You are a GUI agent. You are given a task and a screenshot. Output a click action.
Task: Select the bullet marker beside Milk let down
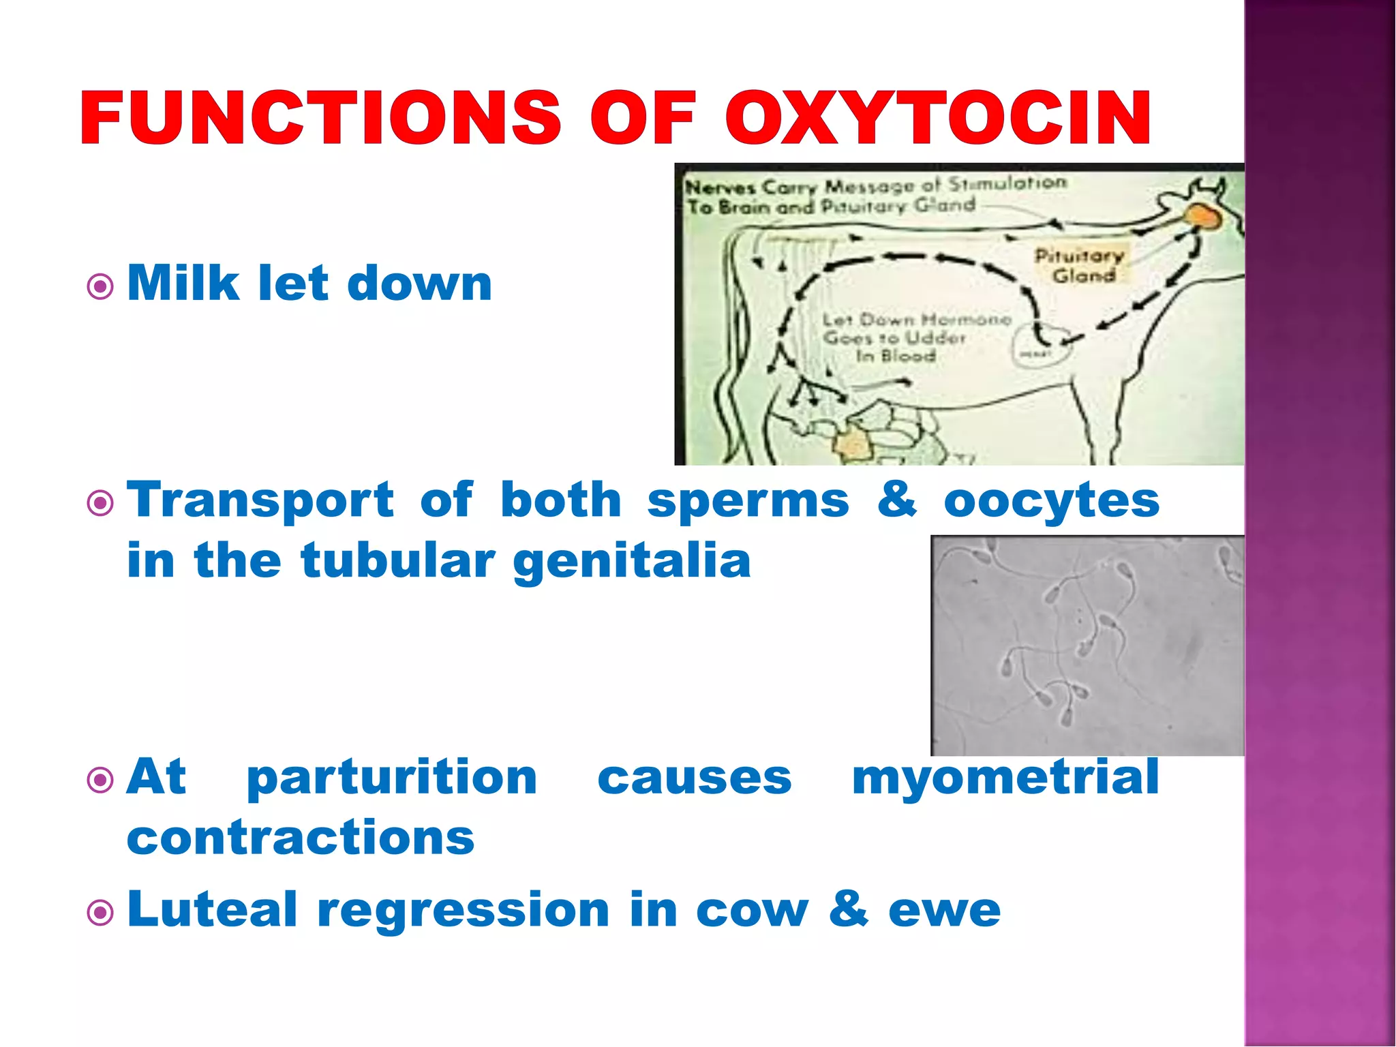pos(101,286)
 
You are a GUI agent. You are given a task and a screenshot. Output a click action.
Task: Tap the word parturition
pos(392,779)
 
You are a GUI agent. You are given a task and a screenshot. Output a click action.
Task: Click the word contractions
pos(301,838)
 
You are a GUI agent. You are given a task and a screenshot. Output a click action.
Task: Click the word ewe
pos(944,911)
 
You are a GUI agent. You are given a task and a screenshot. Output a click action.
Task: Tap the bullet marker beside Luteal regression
pos(101,913)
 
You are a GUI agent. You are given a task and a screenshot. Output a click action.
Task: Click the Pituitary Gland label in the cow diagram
pos(1080,265)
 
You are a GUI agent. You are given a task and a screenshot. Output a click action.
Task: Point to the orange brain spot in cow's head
pos(1203,217)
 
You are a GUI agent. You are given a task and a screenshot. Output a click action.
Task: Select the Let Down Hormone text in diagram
pos(915,337)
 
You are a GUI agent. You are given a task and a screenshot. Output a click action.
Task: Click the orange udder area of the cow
pos(852,444)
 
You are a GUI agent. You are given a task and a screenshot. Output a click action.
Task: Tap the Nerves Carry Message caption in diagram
pos(875,196)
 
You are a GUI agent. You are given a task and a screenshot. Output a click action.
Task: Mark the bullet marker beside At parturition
pos(101,780)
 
